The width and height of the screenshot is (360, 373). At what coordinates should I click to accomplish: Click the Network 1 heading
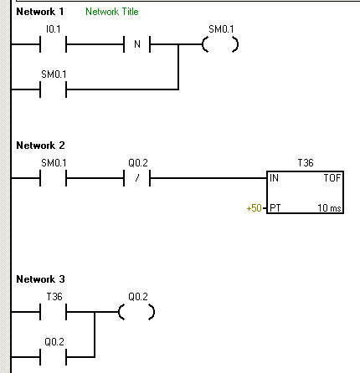click(x=40, y=12)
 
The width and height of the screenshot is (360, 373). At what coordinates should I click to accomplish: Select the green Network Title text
click(x=112, y=12)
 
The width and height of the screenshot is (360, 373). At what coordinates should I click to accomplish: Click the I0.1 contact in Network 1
click(x=53, y=44)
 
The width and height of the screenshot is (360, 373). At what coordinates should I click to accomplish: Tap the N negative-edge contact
click(x=137, y=44)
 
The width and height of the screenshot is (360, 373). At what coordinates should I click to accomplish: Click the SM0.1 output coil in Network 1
click(x=220, y=44)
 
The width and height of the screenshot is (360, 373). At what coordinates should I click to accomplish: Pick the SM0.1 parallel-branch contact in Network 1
click(x=53, y=89)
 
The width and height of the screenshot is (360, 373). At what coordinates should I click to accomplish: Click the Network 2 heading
click(x=40, y=146)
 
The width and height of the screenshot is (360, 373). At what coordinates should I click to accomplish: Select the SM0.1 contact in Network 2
click(x=53, y=178)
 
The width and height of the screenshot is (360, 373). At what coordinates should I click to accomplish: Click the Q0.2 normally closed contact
click(x=137, y=178)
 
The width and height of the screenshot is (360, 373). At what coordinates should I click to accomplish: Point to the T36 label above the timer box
click(x=306, y=163)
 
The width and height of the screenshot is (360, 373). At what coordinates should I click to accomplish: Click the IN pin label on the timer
click(x=274, y=178)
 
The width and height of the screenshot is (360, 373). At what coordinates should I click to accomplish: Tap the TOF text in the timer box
click(x=332, y=178)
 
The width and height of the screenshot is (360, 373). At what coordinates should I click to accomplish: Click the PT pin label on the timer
click(x=275, y=208)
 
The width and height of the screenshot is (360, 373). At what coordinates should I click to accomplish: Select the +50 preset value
click(x=254, y=208)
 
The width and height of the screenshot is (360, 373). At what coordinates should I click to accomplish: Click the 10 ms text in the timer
click(x=329, y=208)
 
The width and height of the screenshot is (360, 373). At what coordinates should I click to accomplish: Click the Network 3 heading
click(x=40, y=279)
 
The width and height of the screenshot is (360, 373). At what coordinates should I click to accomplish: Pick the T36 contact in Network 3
click(x=53, y=312)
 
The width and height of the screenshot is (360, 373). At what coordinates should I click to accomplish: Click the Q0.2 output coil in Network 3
click(x=136, y=312)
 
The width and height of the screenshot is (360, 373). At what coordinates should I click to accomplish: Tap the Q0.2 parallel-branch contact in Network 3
click(x=53, y=357)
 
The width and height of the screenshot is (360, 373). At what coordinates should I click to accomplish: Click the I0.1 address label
click(x=53, y=29)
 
